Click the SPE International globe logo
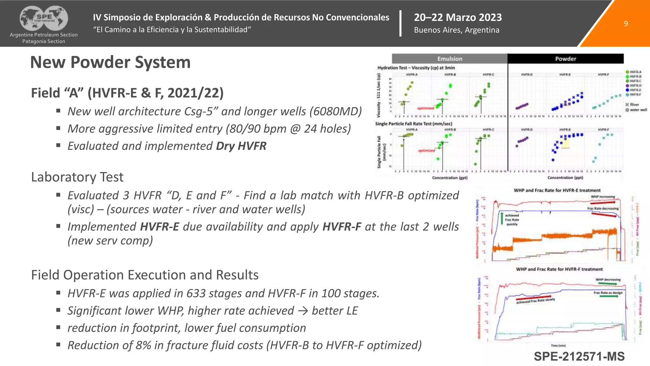pos(44,18)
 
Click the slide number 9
pos(626,24)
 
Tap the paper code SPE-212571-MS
pos(579,356)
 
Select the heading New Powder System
pos(110,62)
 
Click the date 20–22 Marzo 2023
pos(458,17)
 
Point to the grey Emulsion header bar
pos(449,59)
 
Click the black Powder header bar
pos(565,59)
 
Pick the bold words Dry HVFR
pos(241,146)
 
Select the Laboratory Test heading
pos(77,177)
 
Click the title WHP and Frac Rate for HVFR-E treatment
pos(557,190)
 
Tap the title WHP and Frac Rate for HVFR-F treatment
pos(559,269)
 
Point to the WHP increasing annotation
pos(603,197)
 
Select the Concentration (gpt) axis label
pos(449,178)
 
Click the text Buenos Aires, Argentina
pos(456,30)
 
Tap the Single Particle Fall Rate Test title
pos(413,124)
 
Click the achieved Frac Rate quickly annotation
pos(512,220)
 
